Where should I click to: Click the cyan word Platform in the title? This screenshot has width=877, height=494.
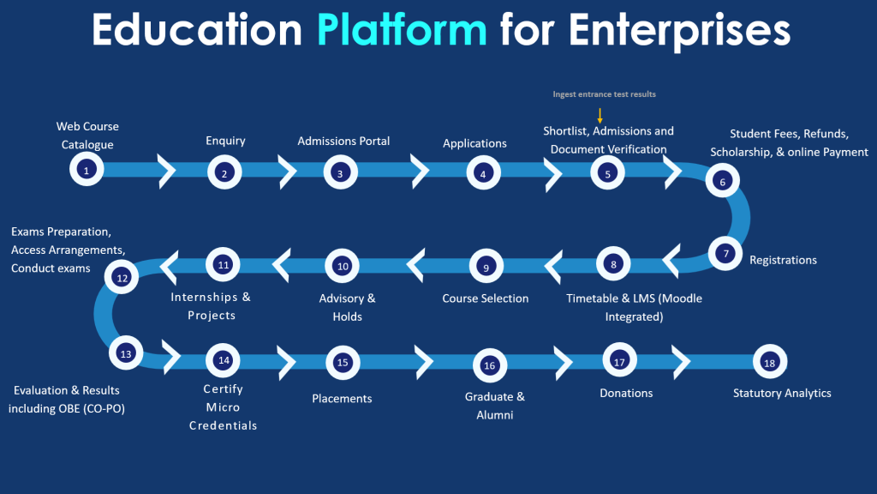[402, 31]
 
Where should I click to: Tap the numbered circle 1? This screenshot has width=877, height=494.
[87, 169]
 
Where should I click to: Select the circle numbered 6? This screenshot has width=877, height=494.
[723, 180]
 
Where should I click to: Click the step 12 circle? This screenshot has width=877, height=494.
[122, 277]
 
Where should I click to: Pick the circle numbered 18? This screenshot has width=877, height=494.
[770, 362]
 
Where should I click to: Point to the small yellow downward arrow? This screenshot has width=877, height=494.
[600, 116]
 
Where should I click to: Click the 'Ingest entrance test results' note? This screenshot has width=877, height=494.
[604, 94]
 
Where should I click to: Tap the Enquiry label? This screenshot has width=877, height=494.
[225, 141]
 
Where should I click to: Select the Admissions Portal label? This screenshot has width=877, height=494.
[343, 141]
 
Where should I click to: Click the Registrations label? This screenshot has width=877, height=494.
[783, 260]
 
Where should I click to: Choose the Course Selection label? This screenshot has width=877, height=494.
[486, 298]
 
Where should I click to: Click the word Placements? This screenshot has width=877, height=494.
[342, 398]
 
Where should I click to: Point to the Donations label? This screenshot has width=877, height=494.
[626, 393]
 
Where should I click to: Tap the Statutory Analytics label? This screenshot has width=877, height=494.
[782, 393]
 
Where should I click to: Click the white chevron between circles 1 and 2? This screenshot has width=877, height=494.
[166, 171]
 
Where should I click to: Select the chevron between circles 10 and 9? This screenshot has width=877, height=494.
[415, 265]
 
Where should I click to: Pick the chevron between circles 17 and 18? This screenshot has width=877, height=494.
[681, 362]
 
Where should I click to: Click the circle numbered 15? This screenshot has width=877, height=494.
[343, 363]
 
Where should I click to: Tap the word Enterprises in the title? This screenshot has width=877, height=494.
[679, 31]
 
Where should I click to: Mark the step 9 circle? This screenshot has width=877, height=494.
[486, 266]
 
